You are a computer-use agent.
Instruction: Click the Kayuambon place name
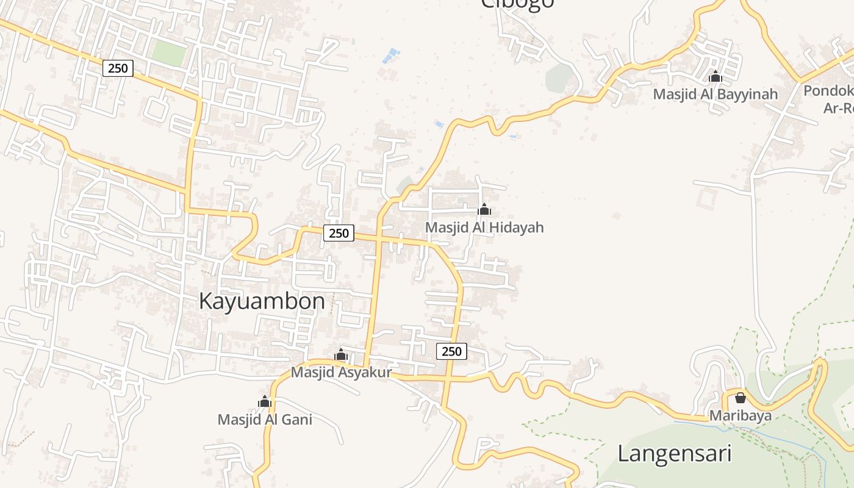point(262,301)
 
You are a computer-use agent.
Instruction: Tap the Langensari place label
point(674,454)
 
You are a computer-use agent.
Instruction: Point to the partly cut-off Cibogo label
point(517,4)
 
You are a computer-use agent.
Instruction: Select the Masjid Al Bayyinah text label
point(716,94)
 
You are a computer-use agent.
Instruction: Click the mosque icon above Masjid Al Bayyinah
point(716,77)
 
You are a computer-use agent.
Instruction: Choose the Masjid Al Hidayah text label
point(484,228)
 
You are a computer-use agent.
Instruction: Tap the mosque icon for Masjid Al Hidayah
point(484,210)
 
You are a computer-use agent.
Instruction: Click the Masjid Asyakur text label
point(341,372)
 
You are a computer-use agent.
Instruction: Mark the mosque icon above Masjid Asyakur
point(341,355)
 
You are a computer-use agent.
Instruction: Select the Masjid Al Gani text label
point(265,420)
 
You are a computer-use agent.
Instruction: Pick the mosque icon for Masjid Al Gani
point(265,401)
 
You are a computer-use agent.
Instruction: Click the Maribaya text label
point(740,416)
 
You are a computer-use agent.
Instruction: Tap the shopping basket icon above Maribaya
point(740,398)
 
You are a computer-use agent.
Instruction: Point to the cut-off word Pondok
point(828,91)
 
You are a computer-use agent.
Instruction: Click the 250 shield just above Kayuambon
point(339,233)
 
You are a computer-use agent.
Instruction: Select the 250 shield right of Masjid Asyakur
point(451,351)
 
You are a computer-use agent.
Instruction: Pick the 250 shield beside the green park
point(118,68)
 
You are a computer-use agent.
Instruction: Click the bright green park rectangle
point(169,54)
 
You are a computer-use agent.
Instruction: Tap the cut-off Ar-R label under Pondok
point(838,108)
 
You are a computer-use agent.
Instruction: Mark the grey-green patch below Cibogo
point(559,78)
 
